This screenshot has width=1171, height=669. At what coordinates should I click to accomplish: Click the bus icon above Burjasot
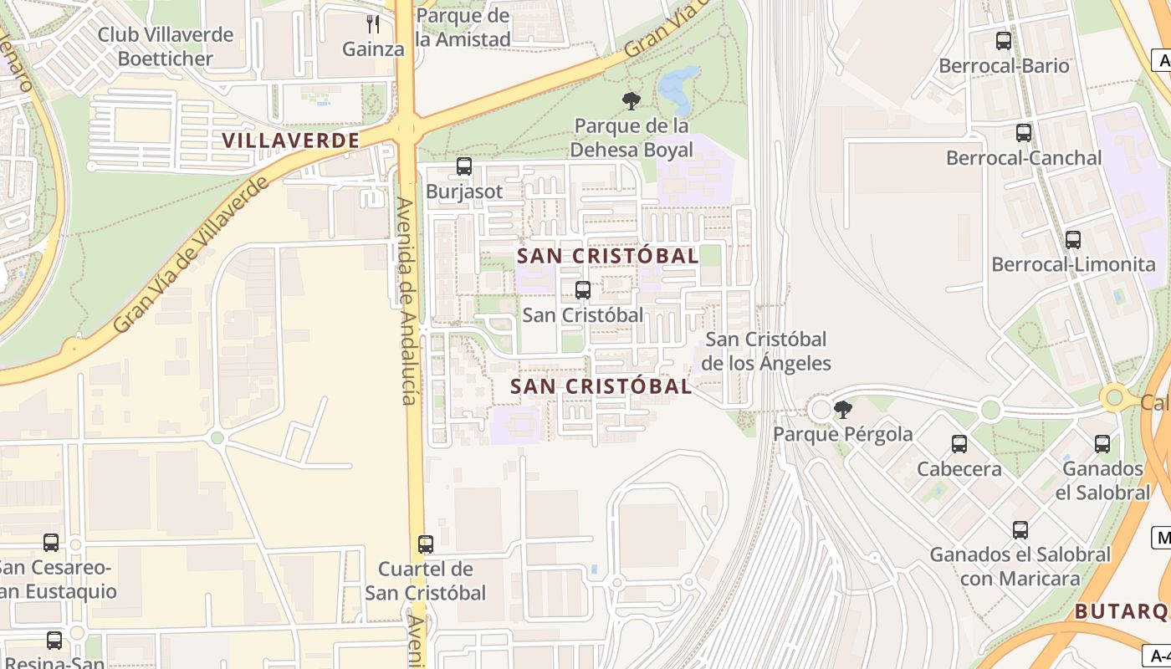[x=464, y=166]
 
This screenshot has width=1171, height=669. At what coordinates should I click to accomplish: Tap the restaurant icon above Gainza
[x=373, y=24]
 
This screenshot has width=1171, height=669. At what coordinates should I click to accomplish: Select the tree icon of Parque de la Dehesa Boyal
[x=632, y=101]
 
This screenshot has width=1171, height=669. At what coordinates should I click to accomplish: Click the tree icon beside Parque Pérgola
[x=843, y=409]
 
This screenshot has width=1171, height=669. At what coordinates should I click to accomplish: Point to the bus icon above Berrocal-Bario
[x=1004, y=41]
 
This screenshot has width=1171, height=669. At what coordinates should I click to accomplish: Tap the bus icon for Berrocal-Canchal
[x=1024, y=133]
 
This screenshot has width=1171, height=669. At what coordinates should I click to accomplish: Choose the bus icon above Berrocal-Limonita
[x=1073, y=240]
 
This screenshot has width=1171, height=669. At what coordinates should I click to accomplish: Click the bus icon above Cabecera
[x=959, y=444]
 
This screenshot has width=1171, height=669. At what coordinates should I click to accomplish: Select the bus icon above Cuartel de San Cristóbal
[x=426, y=544]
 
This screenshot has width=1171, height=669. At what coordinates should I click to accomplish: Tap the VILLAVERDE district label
[x=291, y=140]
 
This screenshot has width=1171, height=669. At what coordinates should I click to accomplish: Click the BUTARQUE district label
[x=1121, y=611]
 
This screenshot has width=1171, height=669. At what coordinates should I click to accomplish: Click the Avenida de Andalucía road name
[x=407, y=301]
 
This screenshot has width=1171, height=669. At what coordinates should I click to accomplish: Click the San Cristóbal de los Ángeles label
[x=766, y=351]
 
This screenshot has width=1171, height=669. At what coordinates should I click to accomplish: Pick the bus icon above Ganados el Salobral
[x=1102, y=444]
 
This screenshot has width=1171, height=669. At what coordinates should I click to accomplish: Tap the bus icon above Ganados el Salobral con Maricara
[x=1020, y=530]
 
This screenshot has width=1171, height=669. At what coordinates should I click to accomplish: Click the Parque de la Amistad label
[x=463, y=28]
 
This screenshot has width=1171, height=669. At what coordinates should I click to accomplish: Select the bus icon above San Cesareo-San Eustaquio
[x=51, y=543]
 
